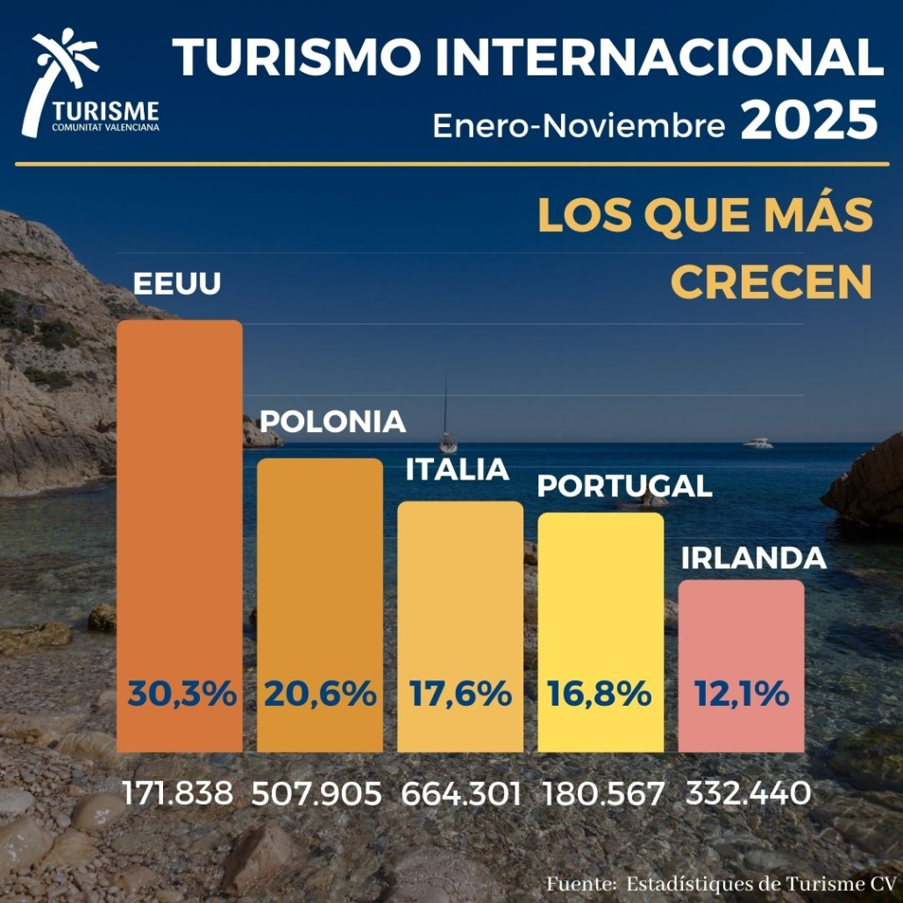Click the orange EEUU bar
click(180, 491)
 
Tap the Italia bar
click(460, 587)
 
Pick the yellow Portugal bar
click(601, 596)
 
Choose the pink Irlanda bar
click(741, 631)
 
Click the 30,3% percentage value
click(181, 694)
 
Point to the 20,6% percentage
click(320, 694)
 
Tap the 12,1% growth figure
click(742, 694)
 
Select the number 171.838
click(179, 794)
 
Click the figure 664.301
click(461, 794)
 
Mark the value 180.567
click(603, 794)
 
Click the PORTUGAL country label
click(623, 486)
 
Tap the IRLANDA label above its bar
click(753, 558)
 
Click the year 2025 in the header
click(808, 122)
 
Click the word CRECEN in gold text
click(771, 282)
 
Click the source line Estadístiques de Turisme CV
click(761, 882)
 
